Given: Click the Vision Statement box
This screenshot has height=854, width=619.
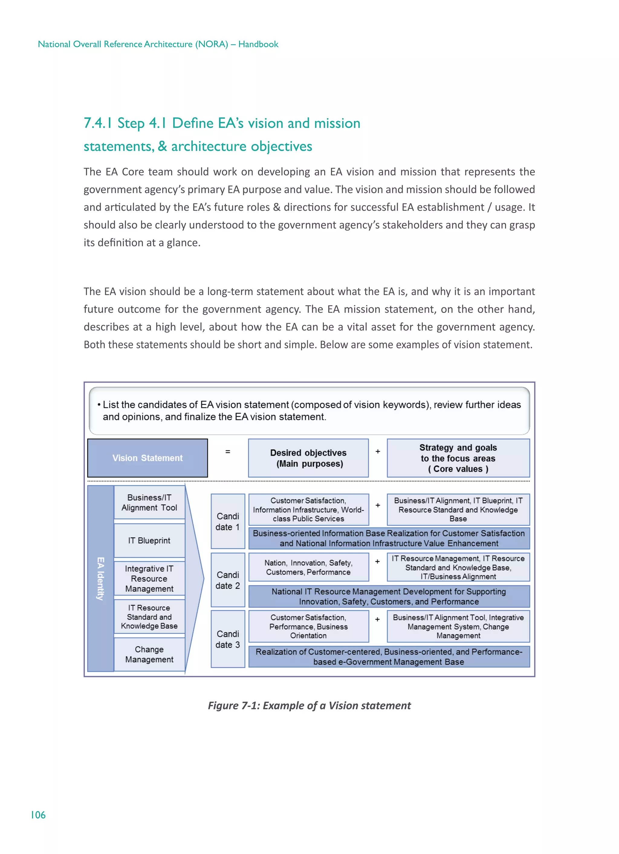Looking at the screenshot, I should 147,458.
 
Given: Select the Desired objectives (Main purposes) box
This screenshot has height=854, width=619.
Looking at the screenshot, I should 308,458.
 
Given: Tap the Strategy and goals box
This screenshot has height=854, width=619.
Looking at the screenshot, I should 458,458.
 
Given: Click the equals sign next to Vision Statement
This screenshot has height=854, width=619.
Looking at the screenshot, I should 228,451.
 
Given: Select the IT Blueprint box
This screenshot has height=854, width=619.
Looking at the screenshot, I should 149,540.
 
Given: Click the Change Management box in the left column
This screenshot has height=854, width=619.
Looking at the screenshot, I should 149,654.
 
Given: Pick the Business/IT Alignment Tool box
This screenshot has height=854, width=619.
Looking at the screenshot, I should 149,502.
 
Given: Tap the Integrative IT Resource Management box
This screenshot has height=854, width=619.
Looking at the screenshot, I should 149,578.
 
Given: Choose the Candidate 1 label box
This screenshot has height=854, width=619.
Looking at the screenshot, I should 228,521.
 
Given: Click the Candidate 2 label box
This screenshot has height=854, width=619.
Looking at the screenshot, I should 228,580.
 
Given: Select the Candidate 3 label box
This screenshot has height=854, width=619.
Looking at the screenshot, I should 228,639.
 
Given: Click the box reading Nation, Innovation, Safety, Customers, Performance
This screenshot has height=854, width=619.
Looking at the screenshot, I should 308,567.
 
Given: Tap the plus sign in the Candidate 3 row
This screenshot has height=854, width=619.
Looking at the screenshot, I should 378,620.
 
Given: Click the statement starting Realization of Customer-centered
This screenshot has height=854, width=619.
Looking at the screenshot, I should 389,656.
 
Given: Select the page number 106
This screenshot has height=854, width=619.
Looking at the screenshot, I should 38,815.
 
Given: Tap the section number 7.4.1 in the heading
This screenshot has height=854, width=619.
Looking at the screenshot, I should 97,123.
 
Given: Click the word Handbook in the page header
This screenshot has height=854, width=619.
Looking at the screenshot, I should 258,44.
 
